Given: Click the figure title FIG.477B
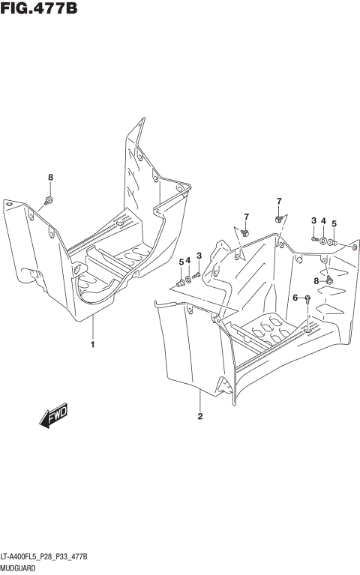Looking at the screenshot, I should point(40,9).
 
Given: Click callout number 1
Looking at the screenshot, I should point(92,345).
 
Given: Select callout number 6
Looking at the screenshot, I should point(295,298).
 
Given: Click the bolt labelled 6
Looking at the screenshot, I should point(307,298).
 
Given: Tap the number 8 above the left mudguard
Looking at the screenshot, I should point(51,178).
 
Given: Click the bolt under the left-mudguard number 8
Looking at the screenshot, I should point(49,199).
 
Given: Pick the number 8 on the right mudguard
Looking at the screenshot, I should point(316,280).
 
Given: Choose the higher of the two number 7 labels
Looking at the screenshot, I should point(278,201).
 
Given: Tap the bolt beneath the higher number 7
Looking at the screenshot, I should point(278,218).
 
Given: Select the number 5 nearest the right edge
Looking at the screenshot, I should point(334,223).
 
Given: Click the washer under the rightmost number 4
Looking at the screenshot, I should point(322,241).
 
